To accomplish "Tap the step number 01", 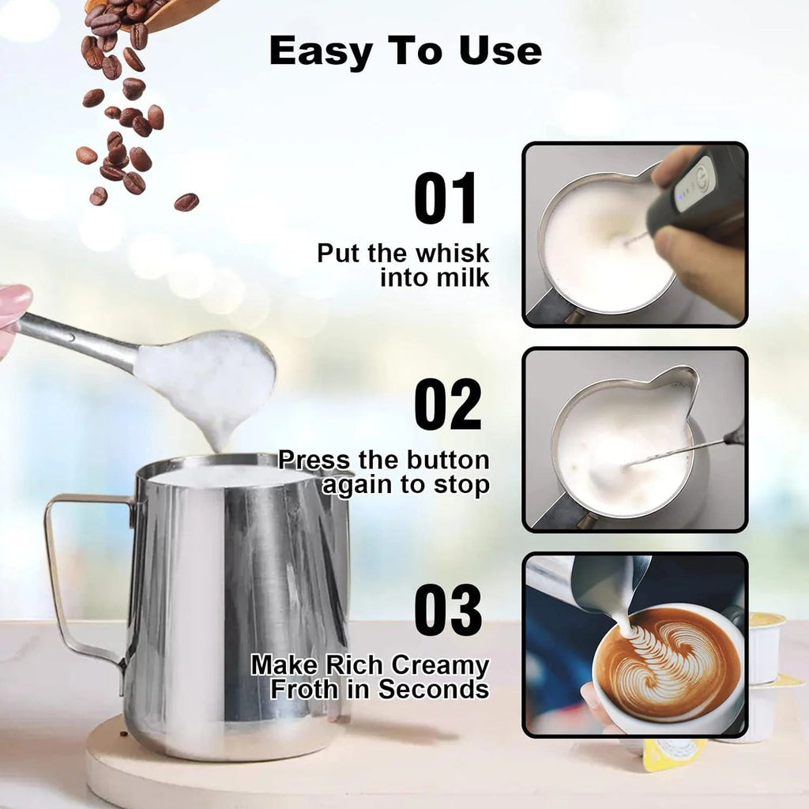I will [x=446, y=199].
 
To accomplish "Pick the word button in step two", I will [x=447, y=460].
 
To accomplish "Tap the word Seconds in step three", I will [x=433, y=689].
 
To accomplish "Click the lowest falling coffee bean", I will [x=186, y=202].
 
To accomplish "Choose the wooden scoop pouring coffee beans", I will [x=178, y=13].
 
